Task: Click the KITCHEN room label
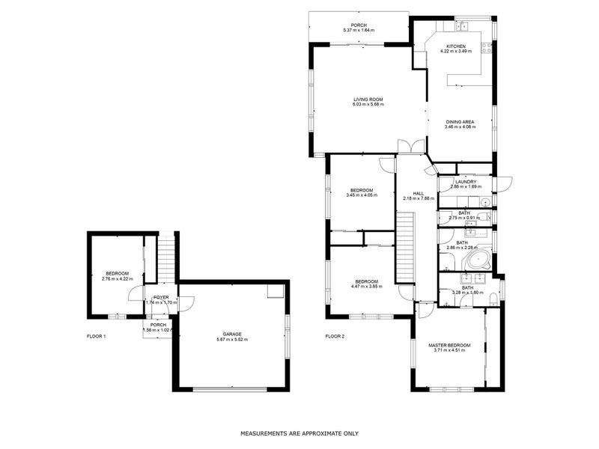[x=457, y=46]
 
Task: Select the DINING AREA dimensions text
[x=460, y=127]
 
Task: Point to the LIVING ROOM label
[x=368, y=99]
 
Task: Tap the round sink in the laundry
[x=485, y=202]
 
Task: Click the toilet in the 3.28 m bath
[x=493, y=301]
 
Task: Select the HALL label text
[x=409, y=192]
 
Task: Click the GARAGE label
[x=231, y=335]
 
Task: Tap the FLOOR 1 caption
[x=97, y=337]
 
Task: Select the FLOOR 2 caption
[x=335, y=337]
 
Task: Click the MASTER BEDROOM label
[x=449, y=345]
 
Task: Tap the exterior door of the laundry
[x=504, y=181]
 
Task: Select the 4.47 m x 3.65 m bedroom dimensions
[x=366, y=287]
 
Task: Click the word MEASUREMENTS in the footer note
[x=264, y=433]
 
